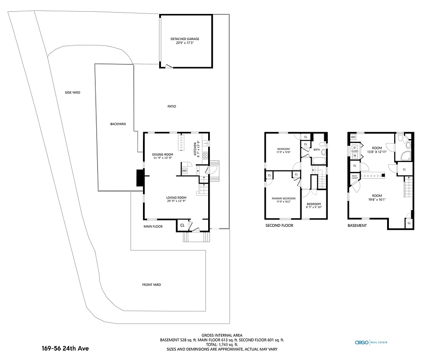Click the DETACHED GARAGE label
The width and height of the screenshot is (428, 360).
(x=185, y=39)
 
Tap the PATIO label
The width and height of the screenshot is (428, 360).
(x=172, y=107)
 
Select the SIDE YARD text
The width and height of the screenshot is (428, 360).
(x=72, y=93)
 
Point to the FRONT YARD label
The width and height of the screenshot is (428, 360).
(x=152, y=285)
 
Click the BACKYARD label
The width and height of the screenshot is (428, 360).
(x=118, y=124)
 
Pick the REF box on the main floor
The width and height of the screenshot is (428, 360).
(x=185, y=171)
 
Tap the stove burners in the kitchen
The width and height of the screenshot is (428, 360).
(x=205, y=156)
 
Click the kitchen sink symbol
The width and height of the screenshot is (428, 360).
(x=205, y=143)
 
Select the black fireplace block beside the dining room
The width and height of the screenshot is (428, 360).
(x=140, y=177)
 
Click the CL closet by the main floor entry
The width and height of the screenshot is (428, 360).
(x=183, y=225)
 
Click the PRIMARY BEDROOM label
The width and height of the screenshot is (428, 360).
(x=283, y=198)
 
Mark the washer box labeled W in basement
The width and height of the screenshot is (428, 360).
(x=354, y=156)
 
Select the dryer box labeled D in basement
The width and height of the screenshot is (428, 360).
(x=354, y=147)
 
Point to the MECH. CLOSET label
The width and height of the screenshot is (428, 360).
(x=355, y=177)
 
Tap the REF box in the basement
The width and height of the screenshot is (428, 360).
(x=353, y=137)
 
